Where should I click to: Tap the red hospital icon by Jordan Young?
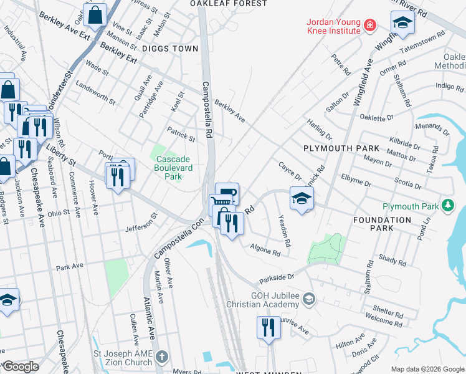pyautogui.click(x=370, y=26)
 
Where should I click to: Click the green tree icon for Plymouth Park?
pyautogui.click(x=447, y=206)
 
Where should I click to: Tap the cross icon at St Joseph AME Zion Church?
pyautogui.click(x=162, y=357)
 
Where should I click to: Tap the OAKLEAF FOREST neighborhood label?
pyautogui.click(x=229, y=4)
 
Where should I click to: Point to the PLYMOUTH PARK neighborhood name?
pyautogui.click(x=341, y=148)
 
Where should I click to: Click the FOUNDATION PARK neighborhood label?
pyautogui.click(x=382, y=224)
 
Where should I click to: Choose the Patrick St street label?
pyautogui.click(x=181, y=133)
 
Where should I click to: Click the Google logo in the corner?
pyautogui.click(x=21, y=367)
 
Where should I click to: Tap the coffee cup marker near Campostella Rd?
pyautogui.click(x=227, y=193)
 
